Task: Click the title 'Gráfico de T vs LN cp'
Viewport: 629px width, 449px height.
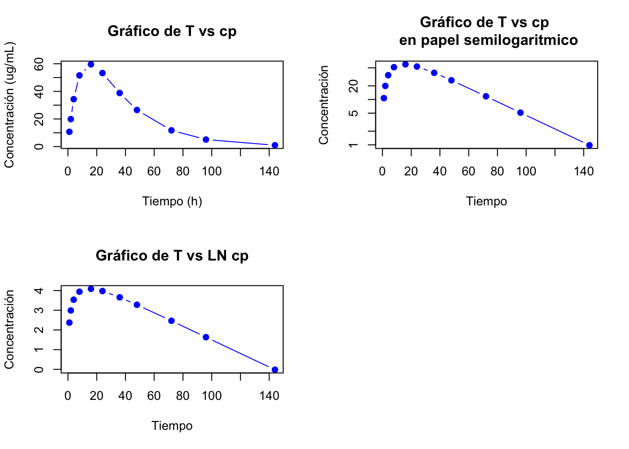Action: tap(172, 256)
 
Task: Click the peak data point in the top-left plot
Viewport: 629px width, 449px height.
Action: tap(91, 65)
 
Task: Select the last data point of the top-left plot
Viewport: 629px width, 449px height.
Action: tap(275, 145)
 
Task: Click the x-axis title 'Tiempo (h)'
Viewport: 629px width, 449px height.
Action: tap(172, 202)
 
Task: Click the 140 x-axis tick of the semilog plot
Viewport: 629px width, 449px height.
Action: tap(584, 172)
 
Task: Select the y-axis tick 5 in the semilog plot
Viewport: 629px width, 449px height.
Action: tap(354, 113)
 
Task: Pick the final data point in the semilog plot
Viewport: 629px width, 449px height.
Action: tap(589, 145)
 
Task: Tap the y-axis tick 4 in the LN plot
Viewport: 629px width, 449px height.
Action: tap(39, 290)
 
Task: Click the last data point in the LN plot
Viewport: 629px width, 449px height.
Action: tap(275, 370)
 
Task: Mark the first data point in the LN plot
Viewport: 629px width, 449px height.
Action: tap(69, 323)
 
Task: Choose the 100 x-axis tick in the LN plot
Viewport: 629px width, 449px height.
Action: tap(212, 396)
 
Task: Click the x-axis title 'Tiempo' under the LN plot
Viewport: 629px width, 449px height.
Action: tap(172, 426)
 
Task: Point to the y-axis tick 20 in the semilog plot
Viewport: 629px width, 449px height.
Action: tap(354, 86)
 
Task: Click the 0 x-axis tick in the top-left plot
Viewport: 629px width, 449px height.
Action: tap(68, 172)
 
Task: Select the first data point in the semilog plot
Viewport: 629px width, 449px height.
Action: tap(384, 98)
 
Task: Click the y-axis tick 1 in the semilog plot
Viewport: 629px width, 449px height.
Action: tap(354, 145)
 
